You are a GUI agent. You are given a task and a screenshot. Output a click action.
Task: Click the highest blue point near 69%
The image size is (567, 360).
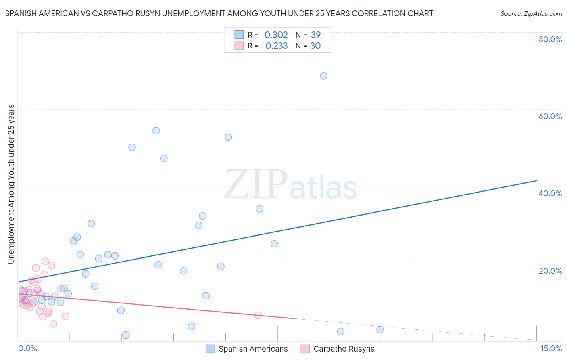[x=323, y=76]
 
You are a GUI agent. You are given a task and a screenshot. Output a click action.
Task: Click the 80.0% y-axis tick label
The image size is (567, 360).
[x=550, y=39]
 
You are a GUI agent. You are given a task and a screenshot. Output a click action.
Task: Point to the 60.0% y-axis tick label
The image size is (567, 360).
[x=550, y=116]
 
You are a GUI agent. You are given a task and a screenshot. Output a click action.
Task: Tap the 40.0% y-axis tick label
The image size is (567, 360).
[x=550, y=193]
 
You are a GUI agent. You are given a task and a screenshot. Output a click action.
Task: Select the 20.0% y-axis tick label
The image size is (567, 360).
[x=550, y=271]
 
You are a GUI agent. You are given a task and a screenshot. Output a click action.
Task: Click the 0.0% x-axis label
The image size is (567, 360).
[x=27, y=349]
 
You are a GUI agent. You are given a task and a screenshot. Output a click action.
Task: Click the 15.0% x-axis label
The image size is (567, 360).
[x=551, y=349]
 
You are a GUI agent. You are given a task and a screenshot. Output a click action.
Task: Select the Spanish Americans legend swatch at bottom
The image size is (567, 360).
[x=210, y=349]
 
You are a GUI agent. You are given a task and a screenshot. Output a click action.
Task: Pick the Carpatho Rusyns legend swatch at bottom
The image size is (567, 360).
[x=305, y=349]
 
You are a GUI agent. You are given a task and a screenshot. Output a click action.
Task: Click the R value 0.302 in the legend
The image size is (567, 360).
[x=276, y=35]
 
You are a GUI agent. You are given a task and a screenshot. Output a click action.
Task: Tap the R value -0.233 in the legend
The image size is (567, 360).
[x=275, y=46]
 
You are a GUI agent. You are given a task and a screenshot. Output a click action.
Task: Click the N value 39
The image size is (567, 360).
[x=316, y=35]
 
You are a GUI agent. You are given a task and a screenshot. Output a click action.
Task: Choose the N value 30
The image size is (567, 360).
[x=315, y=46]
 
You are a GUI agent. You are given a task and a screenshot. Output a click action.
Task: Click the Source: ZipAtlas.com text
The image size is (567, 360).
[x=531, y=14]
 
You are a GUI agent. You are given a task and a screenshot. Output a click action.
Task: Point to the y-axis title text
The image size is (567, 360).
[x=11, y=184]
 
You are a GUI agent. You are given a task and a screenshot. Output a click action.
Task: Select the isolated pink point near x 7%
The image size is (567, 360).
[x=258, y=315]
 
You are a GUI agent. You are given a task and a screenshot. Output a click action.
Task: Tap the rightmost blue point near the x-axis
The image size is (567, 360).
[x=380, y=329]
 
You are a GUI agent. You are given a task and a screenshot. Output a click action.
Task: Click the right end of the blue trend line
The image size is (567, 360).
[x=536, y=181]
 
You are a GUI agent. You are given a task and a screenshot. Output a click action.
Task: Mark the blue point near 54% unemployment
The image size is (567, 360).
[x=156, y=131]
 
